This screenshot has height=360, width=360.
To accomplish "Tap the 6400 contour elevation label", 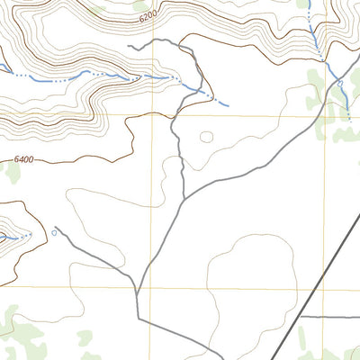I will pyautogui.click(x=24, y=160).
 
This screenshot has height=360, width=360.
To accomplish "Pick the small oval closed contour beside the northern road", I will pyautogui.click(x=207, y=138).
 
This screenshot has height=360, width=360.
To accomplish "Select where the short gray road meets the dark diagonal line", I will pyautogui.click(x=299, y=317).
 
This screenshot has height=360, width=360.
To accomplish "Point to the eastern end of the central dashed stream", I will pyautogui.click(x=228, y=105).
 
